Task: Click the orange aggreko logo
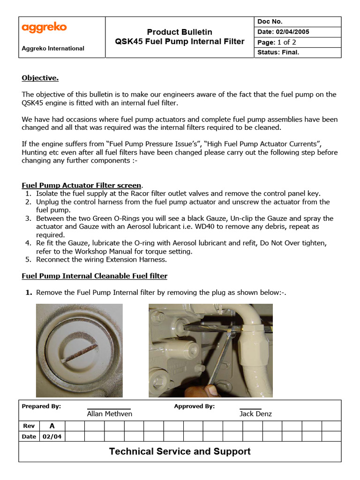44,28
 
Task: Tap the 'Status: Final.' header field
278,52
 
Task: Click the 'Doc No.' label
270,22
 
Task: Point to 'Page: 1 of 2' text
277,42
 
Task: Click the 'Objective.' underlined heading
40,78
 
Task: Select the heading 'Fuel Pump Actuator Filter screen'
81,185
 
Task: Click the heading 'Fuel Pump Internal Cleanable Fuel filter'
94,276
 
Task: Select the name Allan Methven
109,413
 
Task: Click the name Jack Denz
255,413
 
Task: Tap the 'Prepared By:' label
41,406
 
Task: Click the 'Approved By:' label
194,406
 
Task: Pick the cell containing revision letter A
52,426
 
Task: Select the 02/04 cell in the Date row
52,436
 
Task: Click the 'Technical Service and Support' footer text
180,451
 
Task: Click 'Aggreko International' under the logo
53,48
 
